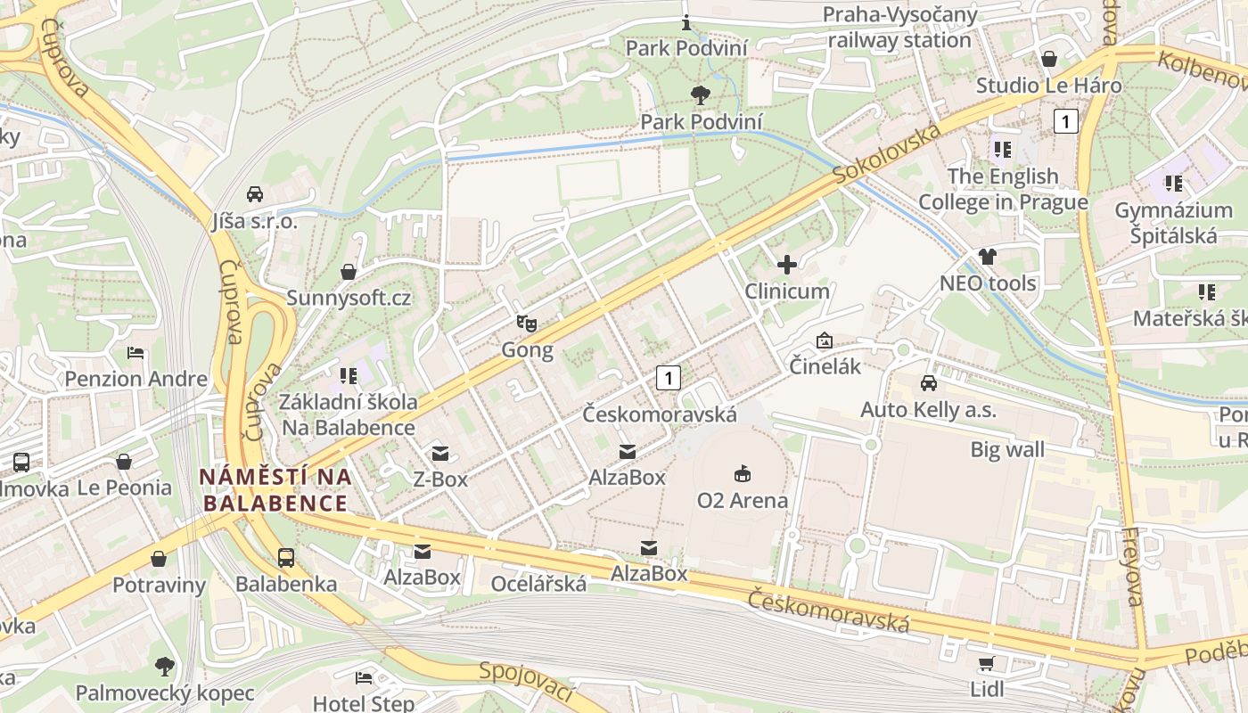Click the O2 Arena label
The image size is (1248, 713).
tap(742, 500)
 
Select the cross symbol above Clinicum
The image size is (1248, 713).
tap(787, 265)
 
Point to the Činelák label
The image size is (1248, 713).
tap(825, 365)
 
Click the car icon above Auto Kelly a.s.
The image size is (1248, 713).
tap(928, 383)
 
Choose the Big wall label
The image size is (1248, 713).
tap(1007, 449)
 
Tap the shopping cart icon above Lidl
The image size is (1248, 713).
tap(986, 663)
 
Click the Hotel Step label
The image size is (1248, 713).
tap(364, 703)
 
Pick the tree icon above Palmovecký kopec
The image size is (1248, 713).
tap(164, 666)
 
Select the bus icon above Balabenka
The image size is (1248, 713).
tap(286, 558)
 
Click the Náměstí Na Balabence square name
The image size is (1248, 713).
tap(275, 489)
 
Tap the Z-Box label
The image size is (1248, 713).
tap(440, 479)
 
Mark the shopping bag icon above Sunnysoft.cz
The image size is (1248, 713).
tap(349, 271)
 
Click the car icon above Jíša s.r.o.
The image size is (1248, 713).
tap(255, 194)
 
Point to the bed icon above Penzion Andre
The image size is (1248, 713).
tap(135, 352)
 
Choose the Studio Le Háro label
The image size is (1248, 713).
tap(1048, 86)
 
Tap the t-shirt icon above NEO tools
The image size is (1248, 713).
tap(988, 257)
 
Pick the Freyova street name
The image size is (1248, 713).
tap(1130, 567)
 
